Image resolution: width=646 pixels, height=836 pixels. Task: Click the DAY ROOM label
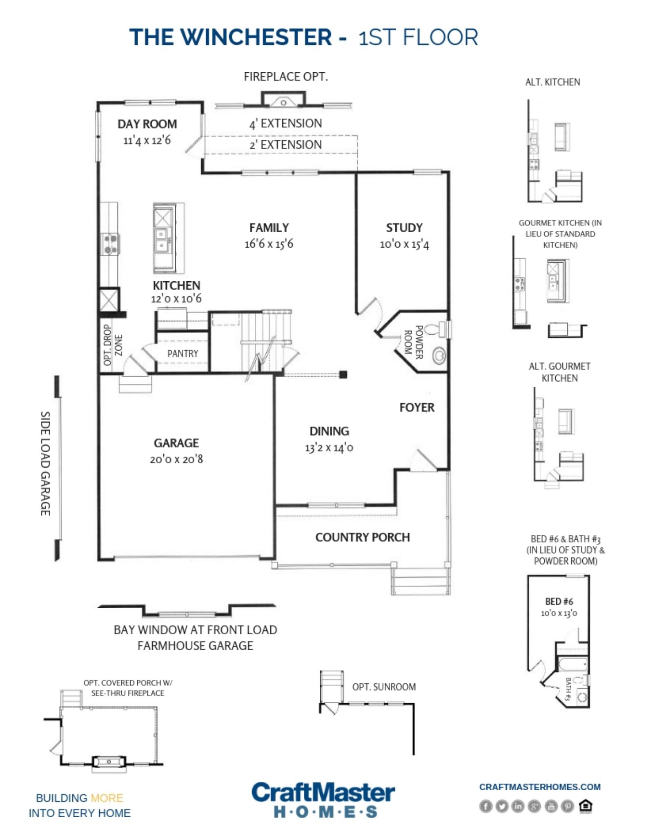[147, 124]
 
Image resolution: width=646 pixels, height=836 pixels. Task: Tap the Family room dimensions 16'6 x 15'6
[269, 244]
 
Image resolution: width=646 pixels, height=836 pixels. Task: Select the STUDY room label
[404, 227]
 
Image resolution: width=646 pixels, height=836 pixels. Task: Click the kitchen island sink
[162, 240]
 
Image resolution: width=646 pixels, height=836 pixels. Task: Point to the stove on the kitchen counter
[110, 244]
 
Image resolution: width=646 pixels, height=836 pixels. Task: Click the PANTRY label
[183, 354]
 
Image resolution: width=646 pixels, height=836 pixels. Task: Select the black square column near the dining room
[343, 374]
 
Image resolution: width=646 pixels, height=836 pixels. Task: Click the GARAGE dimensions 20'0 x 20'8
[176, 459]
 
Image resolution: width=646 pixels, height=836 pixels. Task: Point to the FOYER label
[417, 407]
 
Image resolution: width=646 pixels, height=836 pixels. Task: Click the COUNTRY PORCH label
[362, 537]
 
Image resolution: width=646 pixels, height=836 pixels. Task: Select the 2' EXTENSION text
[285, 145]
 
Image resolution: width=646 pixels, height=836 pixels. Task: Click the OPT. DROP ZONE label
[112, 345]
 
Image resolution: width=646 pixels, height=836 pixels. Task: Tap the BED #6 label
[559, 601]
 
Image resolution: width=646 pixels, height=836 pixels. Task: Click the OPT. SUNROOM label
[384, 687]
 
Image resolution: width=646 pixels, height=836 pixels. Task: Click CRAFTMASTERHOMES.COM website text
[539, 787]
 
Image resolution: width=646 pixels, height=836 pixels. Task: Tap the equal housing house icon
[586, 806]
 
